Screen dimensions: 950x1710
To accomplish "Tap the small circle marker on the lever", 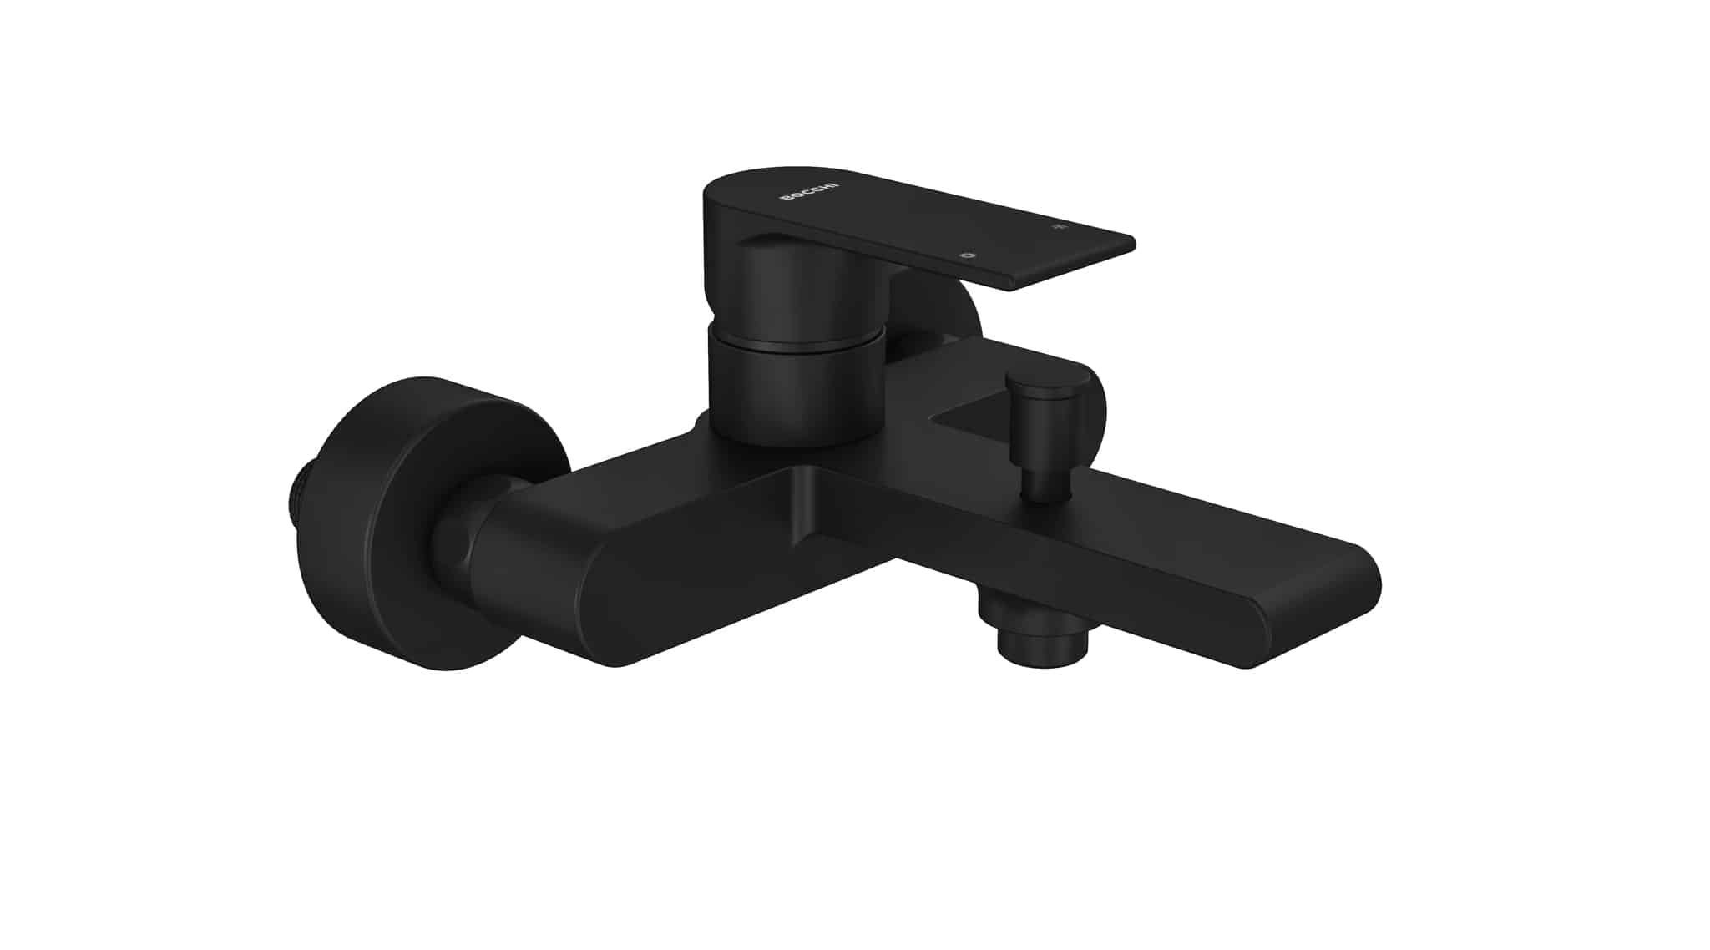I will (x=968, y=254).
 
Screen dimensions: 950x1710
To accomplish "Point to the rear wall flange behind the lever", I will (x=960, y=313).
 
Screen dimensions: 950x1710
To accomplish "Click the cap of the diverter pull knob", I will (x=1049, y=386).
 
